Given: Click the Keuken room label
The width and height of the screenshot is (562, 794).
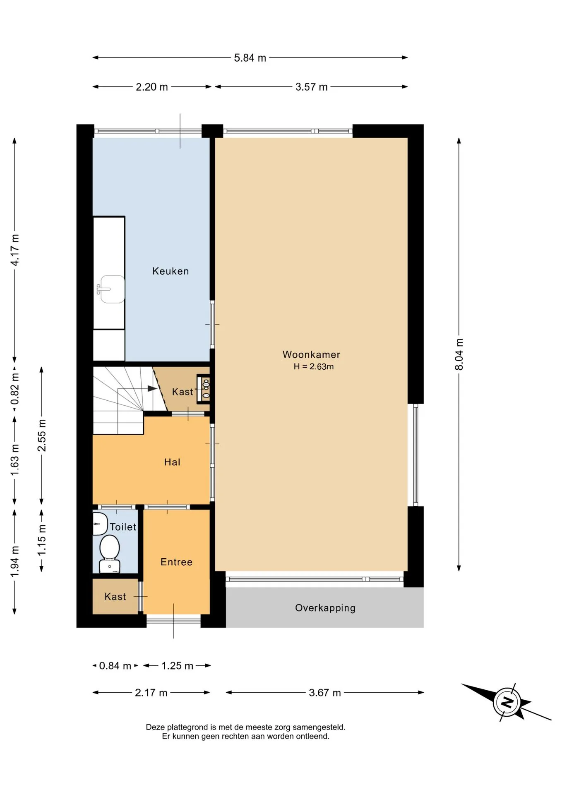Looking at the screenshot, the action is tap(171, 271).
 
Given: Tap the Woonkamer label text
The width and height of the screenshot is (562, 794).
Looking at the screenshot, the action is tap(311, 354).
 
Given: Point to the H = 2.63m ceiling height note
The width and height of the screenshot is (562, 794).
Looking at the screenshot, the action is tap(314, 366).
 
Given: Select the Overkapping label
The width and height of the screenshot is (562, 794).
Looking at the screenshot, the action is tap(325, 608).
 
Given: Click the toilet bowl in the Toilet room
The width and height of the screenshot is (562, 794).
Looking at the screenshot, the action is tap(110, 553).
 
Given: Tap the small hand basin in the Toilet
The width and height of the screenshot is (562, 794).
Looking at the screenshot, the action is tap(100, 524).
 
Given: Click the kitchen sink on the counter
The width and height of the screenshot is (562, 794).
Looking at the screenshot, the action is tap(111, 289).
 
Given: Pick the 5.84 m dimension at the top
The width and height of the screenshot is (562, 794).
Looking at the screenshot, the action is tap(250, 58).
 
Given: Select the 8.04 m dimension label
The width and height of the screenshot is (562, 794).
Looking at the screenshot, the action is tap(459, 354).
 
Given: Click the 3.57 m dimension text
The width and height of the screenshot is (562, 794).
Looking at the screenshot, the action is tap(312, 87).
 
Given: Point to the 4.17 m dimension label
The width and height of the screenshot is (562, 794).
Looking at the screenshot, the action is tap(14, 250).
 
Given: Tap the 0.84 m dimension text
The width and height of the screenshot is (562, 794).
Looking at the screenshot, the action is tap(115, 666).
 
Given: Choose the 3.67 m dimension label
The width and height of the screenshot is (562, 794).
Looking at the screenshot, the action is tap(325, 693).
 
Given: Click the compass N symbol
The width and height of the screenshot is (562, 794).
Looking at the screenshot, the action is tap(507, 702).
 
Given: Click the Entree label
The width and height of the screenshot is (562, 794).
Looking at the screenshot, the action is tap(176, 562).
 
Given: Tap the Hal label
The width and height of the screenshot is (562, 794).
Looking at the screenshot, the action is tap(172, 462).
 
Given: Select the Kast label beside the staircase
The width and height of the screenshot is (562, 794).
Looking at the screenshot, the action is tap(183, 392).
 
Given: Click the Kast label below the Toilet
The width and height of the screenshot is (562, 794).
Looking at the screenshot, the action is tap(115, 596).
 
